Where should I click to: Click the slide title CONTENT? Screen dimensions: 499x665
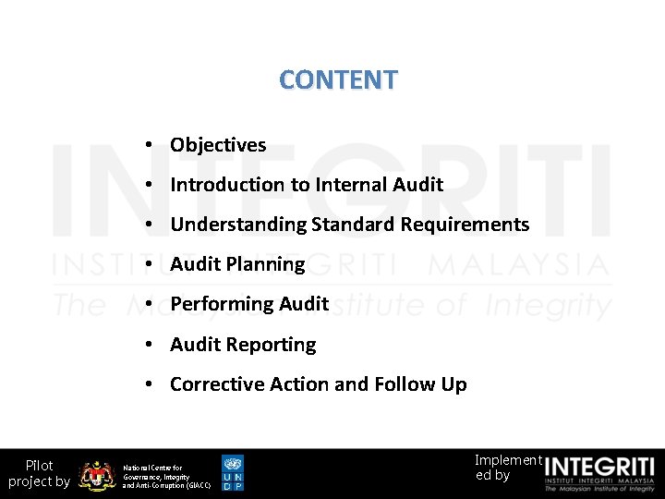pos(338,79)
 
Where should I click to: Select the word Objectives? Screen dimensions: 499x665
pos(218,145)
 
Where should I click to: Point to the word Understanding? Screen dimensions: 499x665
pos(238,225)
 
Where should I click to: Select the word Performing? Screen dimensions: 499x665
pos(217,304)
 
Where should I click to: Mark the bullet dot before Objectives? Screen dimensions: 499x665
pos(149,146)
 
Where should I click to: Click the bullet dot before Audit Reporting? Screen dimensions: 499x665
pos(149,346)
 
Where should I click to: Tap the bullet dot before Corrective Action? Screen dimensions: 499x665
pos(149,385)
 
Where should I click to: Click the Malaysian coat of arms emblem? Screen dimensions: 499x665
pos(97,475)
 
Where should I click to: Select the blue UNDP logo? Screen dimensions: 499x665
pos(233,472)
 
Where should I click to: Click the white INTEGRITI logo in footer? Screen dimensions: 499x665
pos(599,473)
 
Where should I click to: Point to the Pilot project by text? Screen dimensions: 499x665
pos(39,473)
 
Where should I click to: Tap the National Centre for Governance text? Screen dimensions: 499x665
pos(166,476)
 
